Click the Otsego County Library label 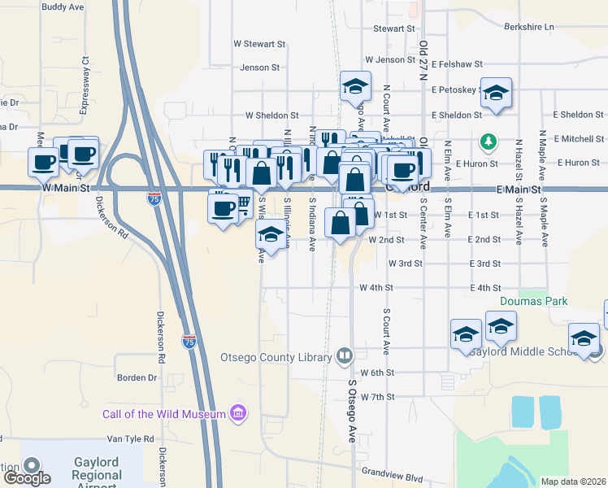point(276,357)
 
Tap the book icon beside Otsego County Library point(345,356)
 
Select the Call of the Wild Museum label point(163,414)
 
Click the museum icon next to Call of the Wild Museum point(237,414)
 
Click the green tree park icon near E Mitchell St point(488,142)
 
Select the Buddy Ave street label point(63,7)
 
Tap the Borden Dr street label point(137,378)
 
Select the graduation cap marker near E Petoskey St point(495,94)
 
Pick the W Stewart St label point(259,44)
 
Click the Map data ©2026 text point(572,481)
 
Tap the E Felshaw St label point(457,63)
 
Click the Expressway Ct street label point(84,72)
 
